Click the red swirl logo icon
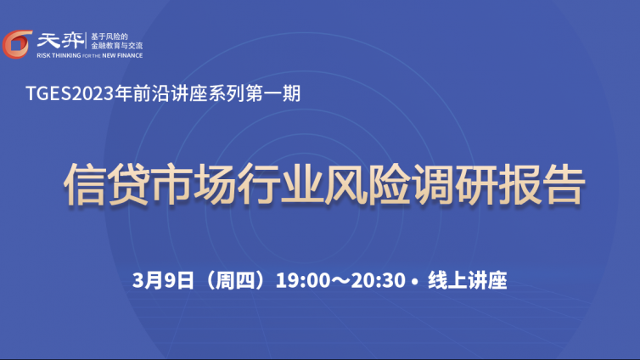(17, 44)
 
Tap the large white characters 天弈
(60, 41)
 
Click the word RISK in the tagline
(43, 55)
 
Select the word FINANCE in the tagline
(130, 55)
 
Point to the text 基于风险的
(109, 37)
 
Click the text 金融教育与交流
(117, 46)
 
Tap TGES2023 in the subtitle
(70, 93)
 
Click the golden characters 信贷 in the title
(107, 184)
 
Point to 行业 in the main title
(280, 184)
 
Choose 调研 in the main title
(454, 184)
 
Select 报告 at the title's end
(542, 184)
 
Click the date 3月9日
(163, 280)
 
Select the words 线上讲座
(468, 280)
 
